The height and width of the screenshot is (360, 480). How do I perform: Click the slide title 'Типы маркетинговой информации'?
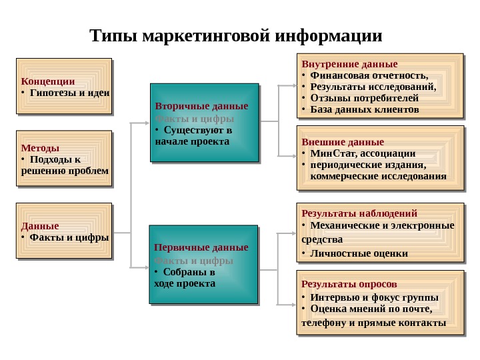point(236,35)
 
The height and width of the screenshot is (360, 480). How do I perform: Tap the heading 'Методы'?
point(40,147)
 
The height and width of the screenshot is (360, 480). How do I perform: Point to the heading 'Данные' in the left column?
point(39,225)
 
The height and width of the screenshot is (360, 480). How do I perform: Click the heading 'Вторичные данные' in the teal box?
point(201,106)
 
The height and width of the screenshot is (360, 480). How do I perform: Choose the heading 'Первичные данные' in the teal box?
point(201,248)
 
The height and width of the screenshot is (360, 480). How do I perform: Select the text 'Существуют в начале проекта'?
point(193,136)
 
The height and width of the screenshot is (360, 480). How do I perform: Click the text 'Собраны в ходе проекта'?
point(186,277)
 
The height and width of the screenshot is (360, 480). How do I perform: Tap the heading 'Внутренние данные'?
point(349,64)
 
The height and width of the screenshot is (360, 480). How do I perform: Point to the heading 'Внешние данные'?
point(343,142)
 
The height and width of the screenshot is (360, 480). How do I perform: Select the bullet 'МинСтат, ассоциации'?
point(363,153)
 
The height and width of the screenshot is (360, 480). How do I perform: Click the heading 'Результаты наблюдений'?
point(359,213)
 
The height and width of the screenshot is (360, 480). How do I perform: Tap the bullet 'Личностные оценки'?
point(359,253)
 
